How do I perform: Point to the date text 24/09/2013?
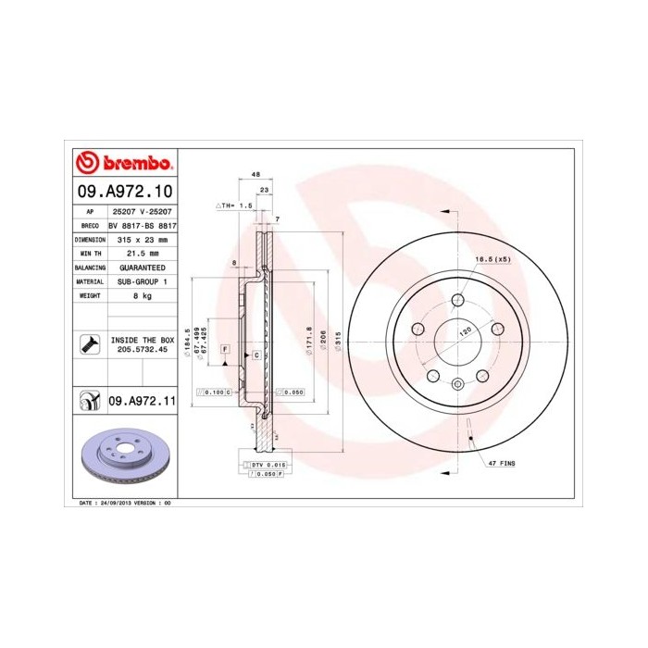[x=116, y=502]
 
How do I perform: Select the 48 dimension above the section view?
[x=255, y=174]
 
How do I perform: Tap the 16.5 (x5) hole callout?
[x=492, y=259]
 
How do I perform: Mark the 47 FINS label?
[x=501, y=461]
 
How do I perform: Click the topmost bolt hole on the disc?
[x=457, y=300]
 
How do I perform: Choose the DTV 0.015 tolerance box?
[x=266, y=464]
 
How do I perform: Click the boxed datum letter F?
[x=225, y=348]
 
